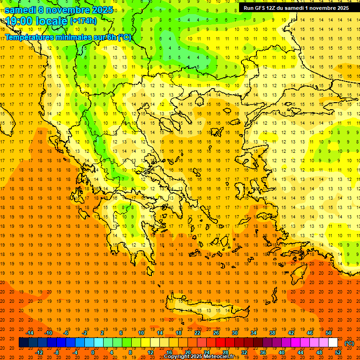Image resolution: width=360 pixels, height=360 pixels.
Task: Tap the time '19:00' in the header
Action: (17, 21)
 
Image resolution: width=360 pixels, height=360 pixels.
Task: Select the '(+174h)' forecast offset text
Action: (83, 21)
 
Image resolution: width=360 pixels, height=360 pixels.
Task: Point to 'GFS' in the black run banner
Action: (261, 8)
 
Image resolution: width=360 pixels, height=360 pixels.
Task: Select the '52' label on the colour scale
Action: (338, 352)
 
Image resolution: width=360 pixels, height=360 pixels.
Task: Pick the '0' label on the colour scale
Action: (93, 352)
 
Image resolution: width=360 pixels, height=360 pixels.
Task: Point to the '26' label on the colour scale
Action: (216, 333)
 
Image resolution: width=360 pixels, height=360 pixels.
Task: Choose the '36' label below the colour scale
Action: (263, 352)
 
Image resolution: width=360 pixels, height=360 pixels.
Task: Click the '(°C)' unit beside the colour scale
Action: (349, 343)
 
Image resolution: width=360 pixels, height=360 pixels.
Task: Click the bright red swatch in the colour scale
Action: (221, 343)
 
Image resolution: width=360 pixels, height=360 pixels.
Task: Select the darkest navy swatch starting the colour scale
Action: (23, 343)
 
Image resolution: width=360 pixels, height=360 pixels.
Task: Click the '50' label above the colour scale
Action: (329, 333)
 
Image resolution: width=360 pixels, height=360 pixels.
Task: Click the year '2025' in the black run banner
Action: (340, 8)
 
